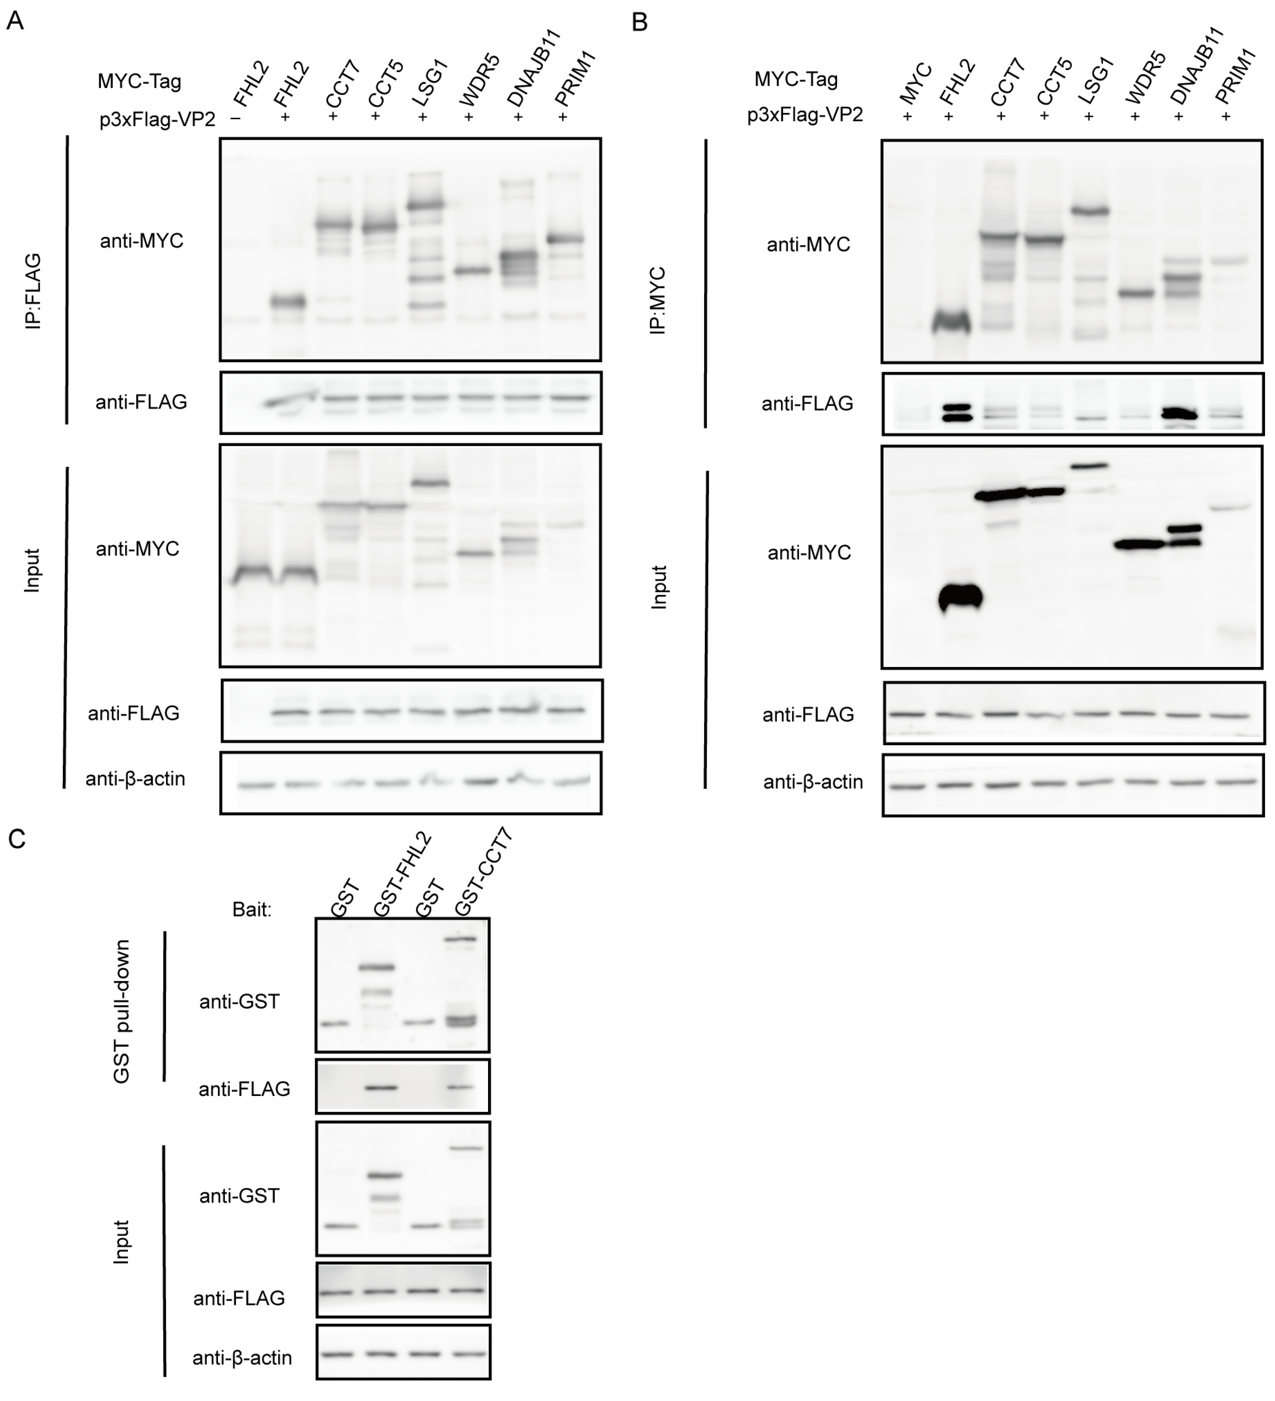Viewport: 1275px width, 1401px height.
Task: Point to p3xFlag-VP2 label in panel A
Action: [157, 119]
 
